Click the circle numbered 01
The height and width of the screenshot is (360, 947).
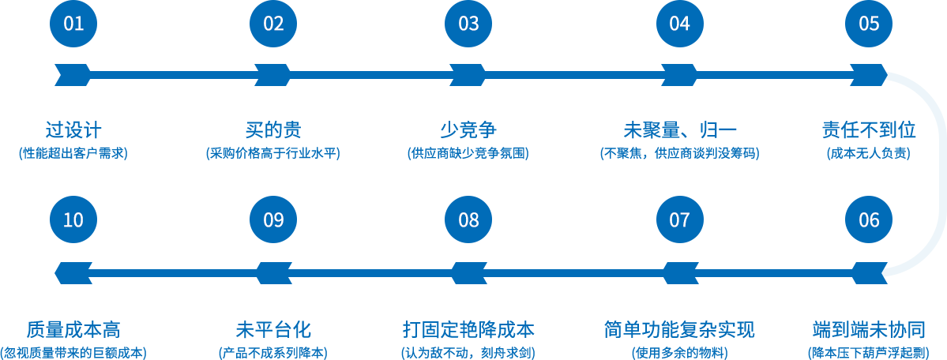click(73, 24)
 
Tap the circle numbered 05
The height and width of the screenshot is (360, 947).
click(869, 24)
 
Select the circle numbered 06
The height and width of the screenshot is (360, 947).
click(869, 219)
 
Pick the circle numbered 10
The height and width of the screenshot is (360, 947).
click(73, 219)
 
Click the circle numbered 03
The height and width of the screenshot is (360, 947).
click(468, 24)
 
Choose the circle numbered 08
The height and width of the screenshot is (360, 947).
click(468, 219)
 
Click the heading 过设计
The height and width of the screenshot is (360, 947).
click(73, 129)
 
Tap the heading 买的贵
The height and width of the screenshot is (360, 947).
click(273, 129)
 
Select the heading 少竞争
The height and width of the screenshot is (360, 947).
click(468, 129)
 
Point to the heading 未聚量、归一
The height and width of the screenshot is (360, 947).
click(680, 129)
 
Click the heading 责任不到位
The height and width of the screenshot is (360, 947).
click(869, 129)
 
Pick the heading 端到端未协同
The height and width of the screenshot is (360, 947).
click(869, 330)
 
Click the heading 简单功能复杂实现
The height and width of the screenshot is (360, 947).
click(679, 330)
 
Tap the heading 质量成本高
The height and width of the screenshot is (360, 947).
click(73, 330)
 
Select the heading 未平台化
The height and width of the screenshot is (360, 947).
click(273, 330)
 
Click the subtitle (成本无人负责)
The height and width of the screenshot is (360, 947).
click(869, 153)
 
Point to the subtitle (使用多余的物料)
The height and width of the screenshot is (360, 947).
click(679, 353)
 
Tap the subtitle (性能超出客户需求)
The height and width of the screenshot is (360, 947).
click(73, 153)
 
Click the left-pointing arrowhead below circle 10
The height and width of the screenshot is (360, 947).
click(73, 273)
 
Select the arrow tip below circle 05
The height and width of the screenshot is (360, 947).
click(887, 76)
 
